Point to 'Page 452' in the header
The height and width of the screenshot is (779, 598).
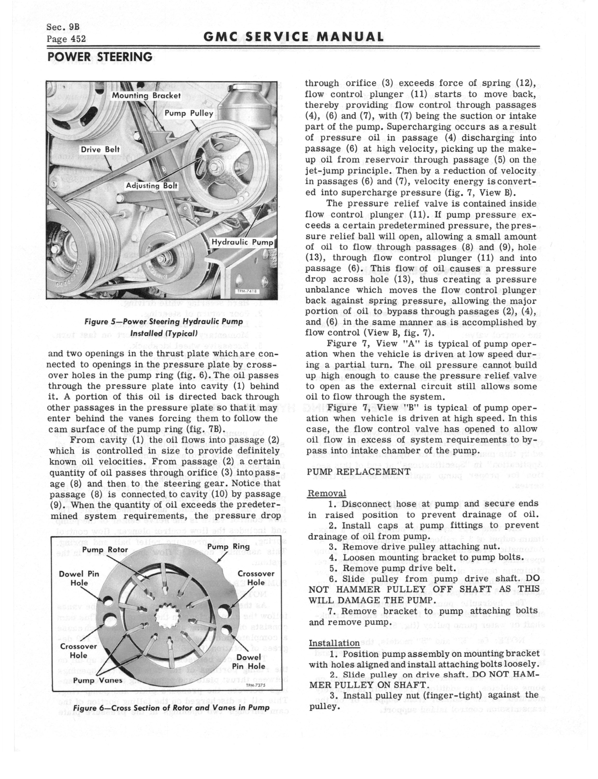coord(66,38)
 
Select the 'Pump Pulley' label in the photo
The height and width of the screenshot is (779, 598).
coord(189,114)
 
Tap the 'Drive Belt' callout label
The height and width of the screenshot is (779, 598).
coord(100,150)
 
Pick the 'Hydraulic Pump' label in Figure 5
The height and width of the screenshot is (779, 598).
coord(242,242)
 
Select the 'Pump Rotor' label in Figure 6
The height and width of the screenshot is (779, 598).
coord(102,550)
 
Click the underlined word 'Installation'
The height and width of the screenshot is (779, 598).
coord(334,643)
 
